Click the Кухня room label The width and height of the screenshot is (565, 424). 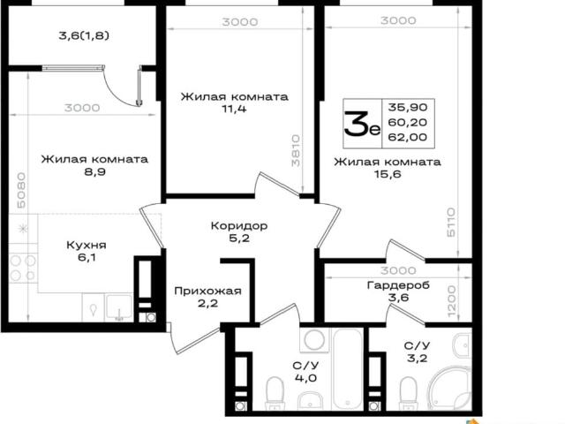[x=87, y=246]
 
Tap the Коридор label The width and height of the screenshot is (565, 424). [x=239, y=226]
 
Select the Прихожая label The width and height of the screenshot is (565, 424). [x=207, y=291]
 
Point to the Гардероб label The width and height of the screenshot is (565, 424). [x=398, y=285]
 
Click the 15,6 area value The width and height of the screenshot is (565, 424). [x=388, y=174]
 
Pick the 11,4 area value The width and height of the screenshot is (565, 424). [x=234, y=109]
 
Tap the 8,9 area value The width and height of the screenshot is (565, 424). [x=94, y=171]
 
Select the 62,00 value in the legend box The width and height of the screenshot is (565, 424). [x=408, y=137]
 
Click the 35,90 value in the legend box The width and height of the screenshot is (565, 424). [x=408, y=107]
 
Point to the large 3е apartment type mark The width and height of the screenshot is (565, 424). [x=362, y=124]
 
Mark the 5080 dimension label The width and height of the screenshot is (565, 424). [x=21, y=190]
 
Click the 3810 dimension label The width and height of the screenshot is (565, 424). [x=296, y=151]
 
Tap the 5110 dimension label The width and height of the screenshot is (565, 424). [x=451, y=222]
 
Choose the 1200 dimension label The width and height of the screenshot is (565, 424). [x=452, y=301]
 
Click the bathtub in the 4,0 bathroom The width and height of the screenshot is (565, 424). [x=347, y=369]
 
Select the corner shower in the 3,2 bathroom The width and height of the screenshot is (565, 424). [x=450, y=389]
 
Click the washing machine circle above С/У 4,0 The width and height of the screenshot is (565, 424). [x=314, y=340]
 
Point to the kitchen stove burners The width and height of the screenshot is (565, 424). [x=23, y=268]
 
